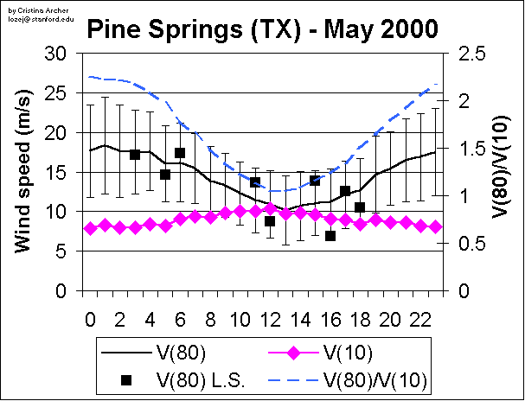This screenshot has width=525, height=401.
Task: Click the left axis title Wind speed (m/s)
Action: [x=25, y=173]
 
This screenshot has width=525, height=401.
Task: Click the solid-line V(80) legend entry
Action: [x=177, y=353]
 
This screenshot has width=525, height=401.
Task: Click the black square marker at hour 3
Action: [x=135, y=155]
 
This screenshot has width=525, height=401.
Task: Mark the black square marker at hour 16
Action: [x=330, y=236]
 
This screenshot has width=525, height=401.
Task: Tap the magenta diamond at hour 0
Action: [x=90, y=228]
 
